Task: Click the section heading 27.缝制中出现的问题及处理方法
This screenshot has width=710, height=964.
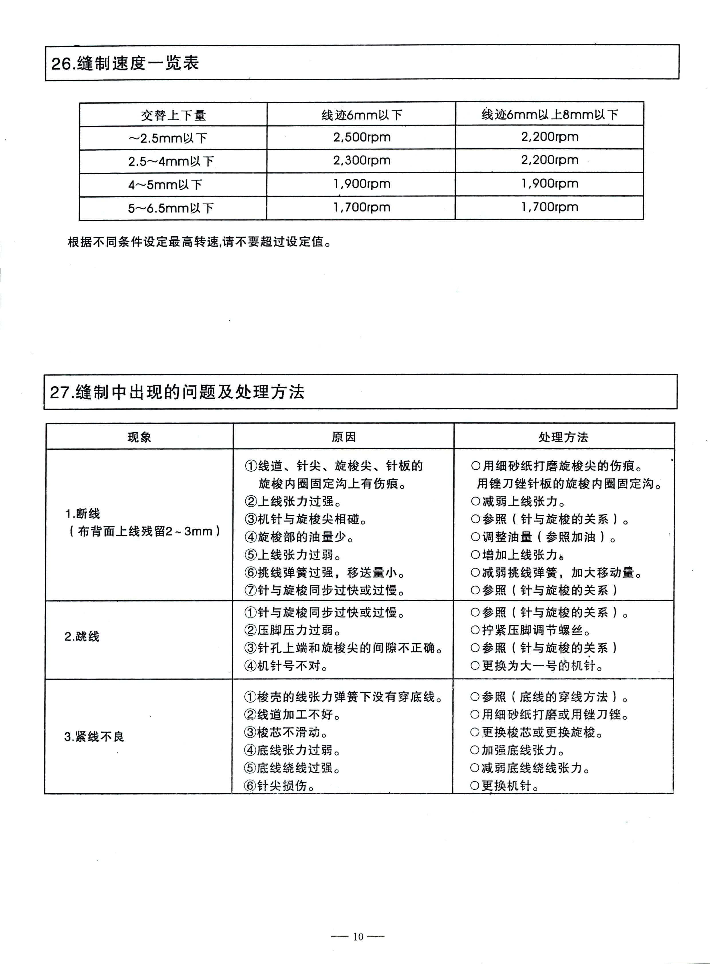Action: (x=177, y=392)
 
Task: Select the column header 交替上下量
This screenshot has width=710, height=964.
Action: (x=173, y=115)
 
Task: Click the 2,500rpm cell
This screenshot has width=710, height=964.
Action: (x=362, y=137)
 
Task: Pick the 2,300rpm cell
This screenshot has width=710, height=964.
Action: (x=362, y=161)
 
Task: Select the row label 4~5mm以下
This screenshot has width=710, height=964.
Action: (x=165, y=185)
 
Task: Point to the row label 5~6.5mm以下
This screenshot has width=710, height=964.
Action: (x=171, y=208)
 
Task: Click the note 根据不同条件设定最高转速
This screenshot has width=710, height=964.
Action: (x=200, y=242)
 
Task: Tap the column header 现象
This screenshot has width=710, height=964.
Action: (x=139, y=437)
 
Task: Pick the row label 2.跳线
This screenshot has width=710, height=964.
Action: (x=82, y=636)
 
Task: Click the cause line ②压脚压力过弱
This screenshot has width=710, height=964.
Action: (x=293, y=630)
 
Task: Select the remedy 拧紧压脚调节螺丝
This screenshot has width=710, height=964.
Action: (x=531, y=630)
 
